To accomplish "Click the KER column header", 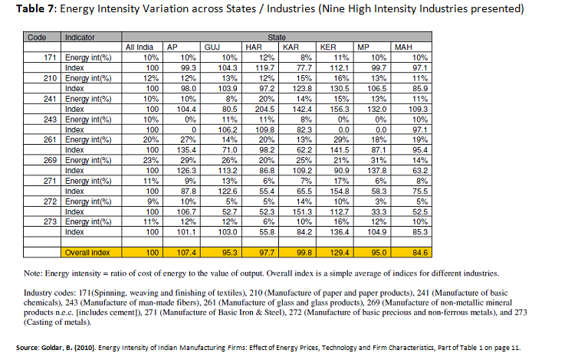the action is tap(328, 47).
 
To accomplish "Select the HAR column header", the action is tap(254, 47).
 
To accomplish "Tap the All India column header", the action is tap(139, 47).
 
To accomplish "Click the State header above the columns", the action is tap(277, 38).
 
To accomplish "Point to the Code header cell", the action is tap(37, 38).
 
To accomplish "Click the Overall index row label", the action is tap(87, 253).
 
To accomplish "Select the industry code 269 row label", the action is tap(50, 160).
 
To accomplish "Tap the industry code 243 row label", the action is tap(50, 119).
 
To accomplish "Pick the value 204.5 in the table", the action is tap(264, 110).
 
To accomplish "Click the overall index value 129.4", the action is tap(339, 253).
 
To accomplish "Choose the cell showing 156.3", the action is tap(339, 110).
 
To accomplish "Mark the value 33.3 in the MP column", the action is tap(379, 211).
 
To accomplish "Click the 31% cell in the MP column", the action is tap(379, 160).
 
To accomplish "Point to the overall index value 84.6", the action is tap(420, 253).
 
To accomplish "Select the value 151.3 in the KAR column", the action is tap(302, 211).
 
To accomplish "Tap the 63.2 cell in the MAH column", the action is tap(420, 170).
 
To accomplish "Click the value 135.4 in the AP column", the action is tap(186, 150).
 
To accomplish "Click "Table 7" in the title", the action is tap(34, 8).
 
